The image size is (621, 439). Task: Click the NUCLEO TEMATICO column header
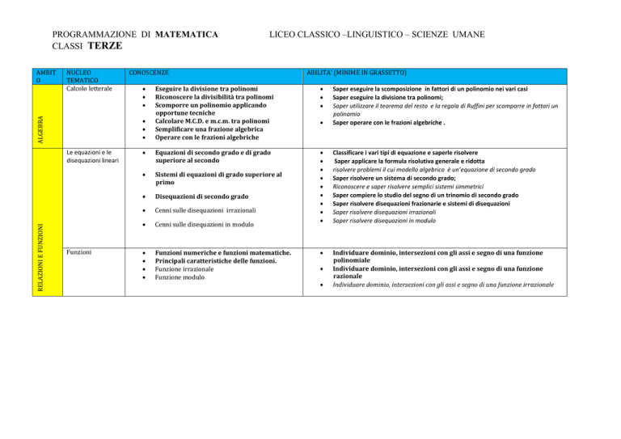(x=83, y=78)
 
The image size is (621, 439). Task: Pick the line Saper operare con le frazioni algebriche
(x=399, y=123)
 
